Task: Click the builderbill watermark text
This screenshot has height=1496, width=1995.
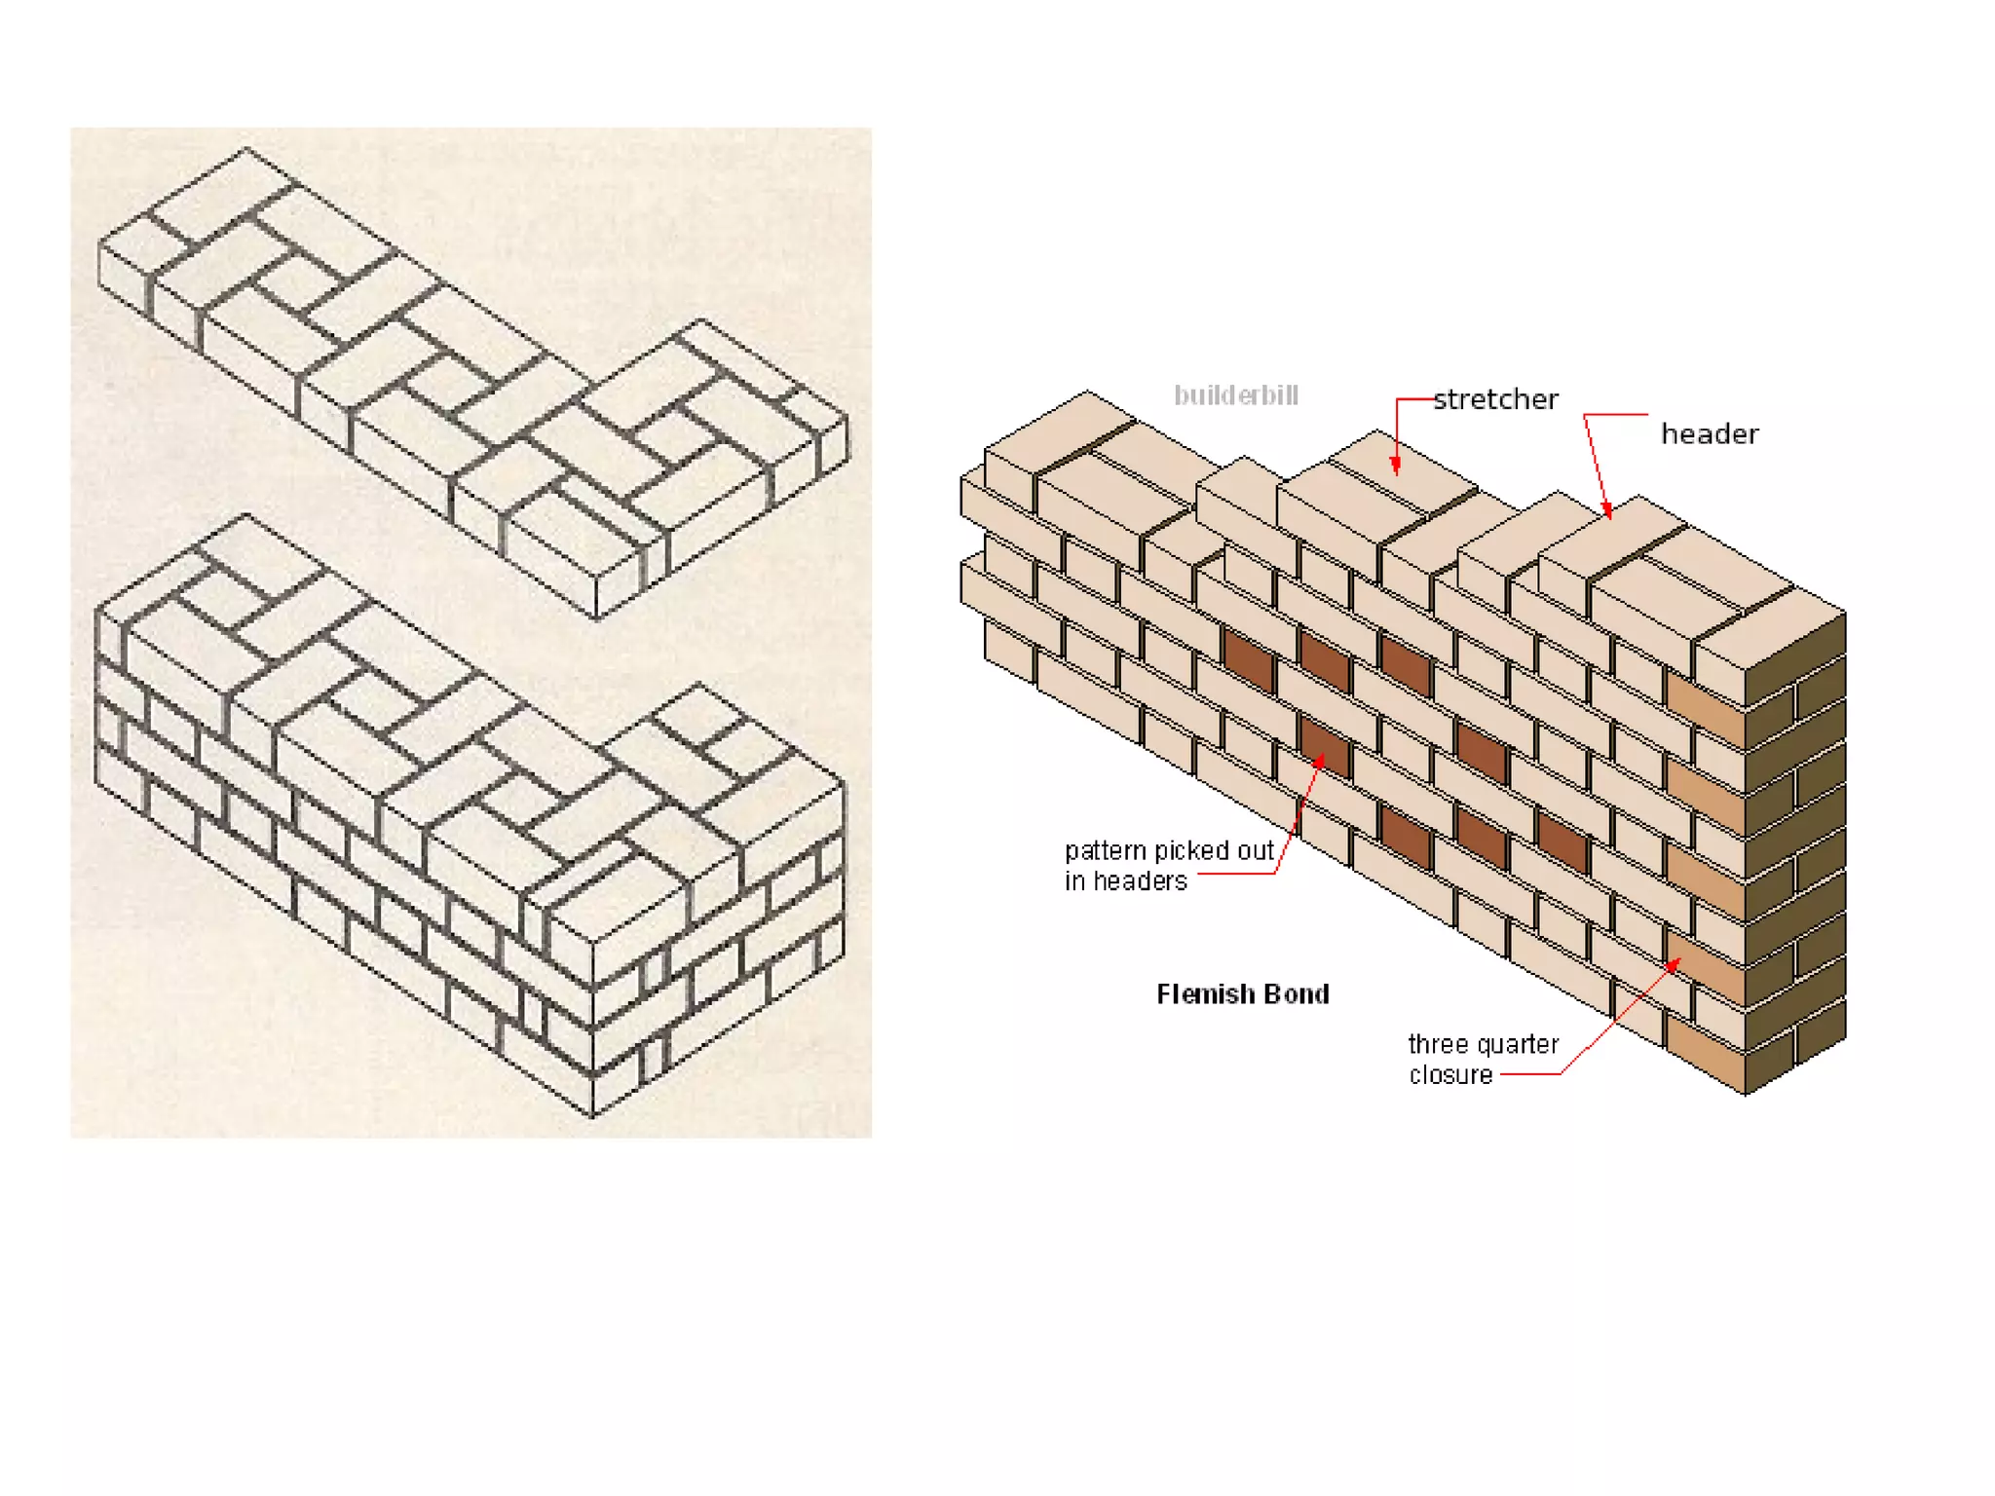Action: (x=1235, y=395)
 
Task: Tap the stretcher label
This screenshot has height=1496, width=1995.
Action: (x=1495, y=399)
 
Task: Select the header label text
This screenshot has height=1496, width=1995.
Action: (x=1710, y=433)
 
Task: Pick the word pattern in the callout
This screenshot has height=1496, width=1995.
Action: (x=1105, y=851)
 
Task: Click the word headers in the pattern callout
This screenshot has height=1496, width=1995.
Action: (x=1140, y=881)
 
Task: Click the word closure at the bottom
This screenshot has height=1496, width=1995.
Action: (x=1450, y=1075)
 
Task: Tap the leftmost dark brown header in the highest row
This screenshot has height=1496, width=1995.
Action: (x=1248, y=660)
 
